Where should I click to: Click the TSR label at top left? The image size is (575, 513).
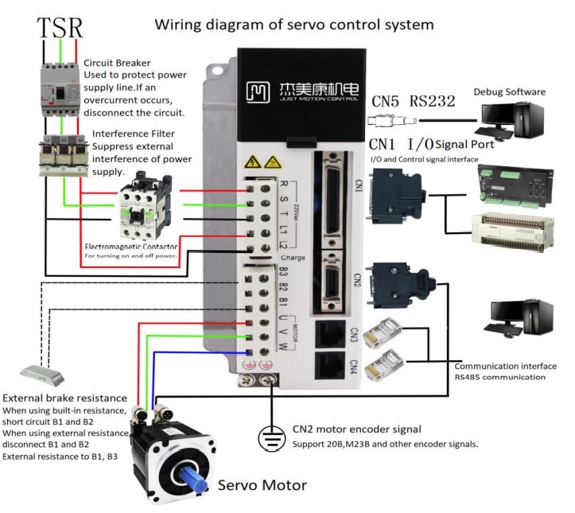60,28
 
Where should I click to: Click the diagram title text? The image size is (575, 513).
294,24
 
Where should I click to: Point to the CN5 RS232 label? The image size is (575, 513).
414,101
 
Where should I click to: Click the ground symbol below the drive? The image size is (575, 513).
271,438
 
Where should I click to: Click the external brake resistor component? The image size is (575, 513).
44,372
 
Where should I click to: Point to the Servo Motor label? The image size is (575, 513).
262,484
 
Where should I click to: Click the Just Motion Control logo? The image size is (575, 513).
297,90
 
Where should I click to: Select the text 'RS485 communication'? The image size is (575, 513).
499,377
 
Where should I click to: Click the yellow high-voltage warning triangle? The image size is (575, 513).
255,161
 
